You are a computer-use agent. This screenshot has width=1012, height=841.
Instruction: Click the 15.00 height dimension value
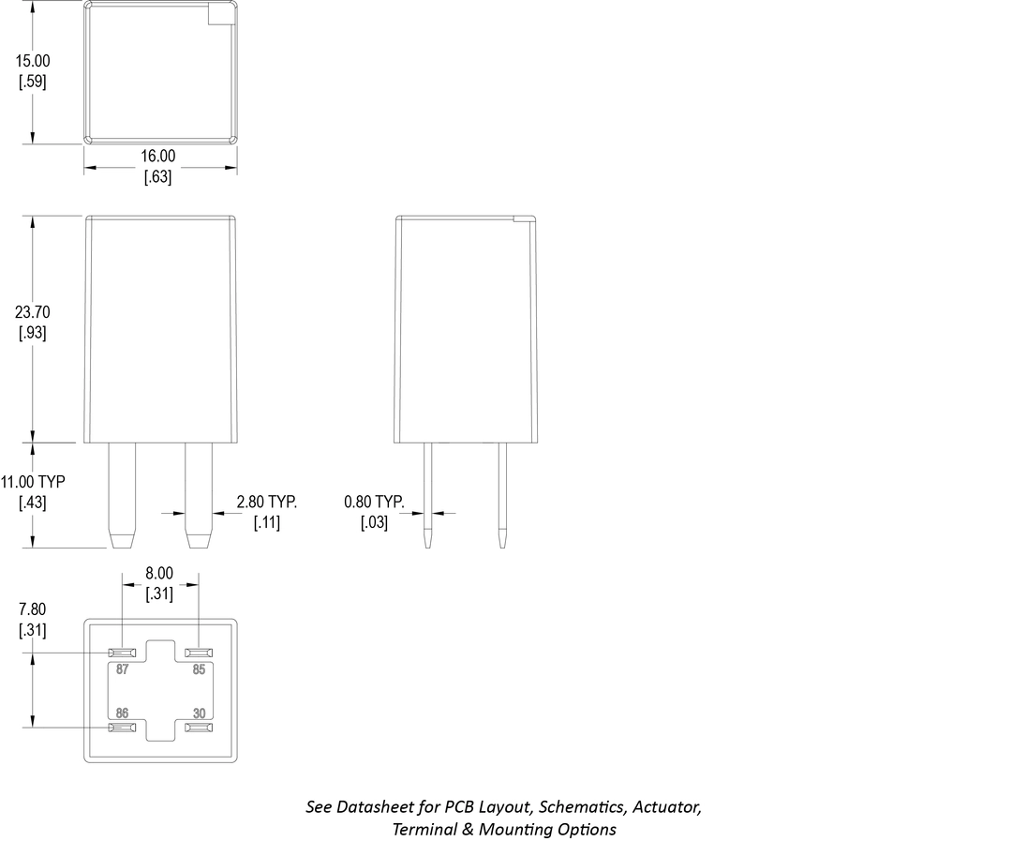pyautogui.click(x=33, y=61)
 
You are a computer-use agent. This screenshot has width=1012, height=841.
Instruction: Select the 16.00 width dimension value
pyautogui.click(x=157, y=156)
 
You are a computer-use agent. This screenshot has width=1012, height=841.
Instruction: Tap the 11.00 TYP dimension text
pyautogui.click(x=33, y=482)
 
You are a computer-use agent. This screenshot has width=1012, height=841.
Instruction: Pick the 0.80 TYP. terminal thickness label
pyautogui.click(x=374, y=503)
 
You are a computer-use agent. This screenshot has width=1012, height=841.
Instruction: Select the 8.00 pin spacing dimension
pyautogui.click(x=158, y=573)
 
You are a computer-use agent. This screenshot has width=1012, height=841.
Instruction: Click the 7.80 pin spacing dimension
pyautogui.click(x=32, y=609)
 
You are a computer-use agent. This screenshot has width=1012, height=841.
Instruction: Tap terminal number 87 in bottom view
pyautogui.click(x=122, y=670)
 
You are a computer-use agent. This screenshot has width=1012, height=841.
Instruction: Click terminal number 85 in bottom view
pyautogui.click(x=199, y=670)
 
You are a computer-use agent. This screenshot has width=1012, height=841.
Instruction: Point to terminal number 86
pyautogui.click(x=122, y=713)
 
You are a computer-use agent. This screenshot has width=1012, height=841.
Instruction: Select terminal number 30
pyautogui.click(x=199, y=713)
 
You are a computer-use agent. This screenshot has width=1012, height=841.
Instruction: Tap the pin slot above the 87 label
pyautogui.click(x=123, y=653)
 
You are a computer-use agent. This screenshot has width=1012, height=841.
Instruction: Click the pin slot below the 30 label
pyautogui.click(x=199, y=728)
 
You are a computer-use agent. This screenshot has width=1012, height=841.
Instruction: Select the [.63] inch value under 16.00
pyautogui.click(x=157, y=176)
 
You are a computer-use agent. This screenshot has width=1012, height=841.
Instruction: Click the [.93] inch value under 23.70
pyautogui.click(x=33, y=333)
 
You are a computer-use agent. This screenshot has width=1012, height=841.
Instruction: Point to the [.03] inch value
pyautogui.click(x=374, y=523)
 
